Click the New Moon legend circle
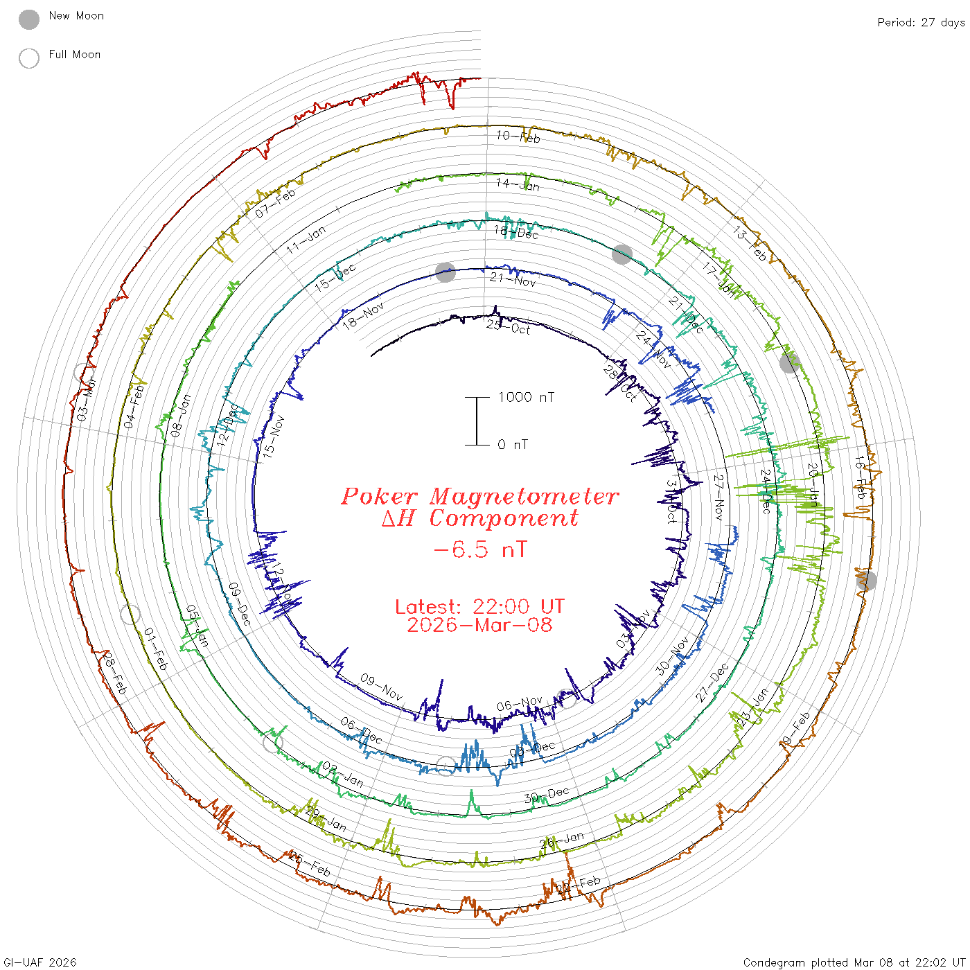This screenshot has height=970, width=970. coord(29,19)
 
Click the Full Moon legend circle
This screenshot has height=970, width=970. coord(29,58)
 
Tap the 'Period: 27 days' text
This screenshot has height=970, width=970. coord(921,22)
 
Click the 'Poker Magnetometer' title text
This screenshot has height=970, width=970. coord(479,496)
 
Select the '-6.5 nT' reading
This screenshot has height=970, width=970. coord(479,549)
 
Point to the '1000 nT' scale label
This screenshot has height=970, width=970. coord(526,397)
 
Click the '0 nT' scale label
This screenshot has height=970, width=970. coord(513,444)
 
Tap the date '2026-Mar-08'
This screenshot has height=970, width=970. coord(479,625)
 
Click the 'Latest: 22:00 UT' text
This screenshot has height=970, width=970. coord(479,607)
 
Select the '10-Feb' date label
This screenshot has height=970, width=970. coord(518,136)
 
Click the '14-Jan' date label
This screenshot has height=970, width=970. coord(518,184)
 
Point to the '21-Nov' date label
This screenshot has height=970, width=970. coord(513,280)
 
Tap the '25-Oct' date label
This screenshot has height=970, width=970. coord(508,326)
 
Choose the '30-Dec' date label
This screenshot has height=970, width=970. coord(547,795)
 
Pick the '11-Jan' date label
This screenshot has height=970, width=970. coord(306,240)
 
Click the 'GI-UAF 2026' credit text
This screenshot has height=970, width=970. coord(39,962)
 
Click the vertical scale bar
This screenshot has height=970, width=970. coord(477,421)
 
